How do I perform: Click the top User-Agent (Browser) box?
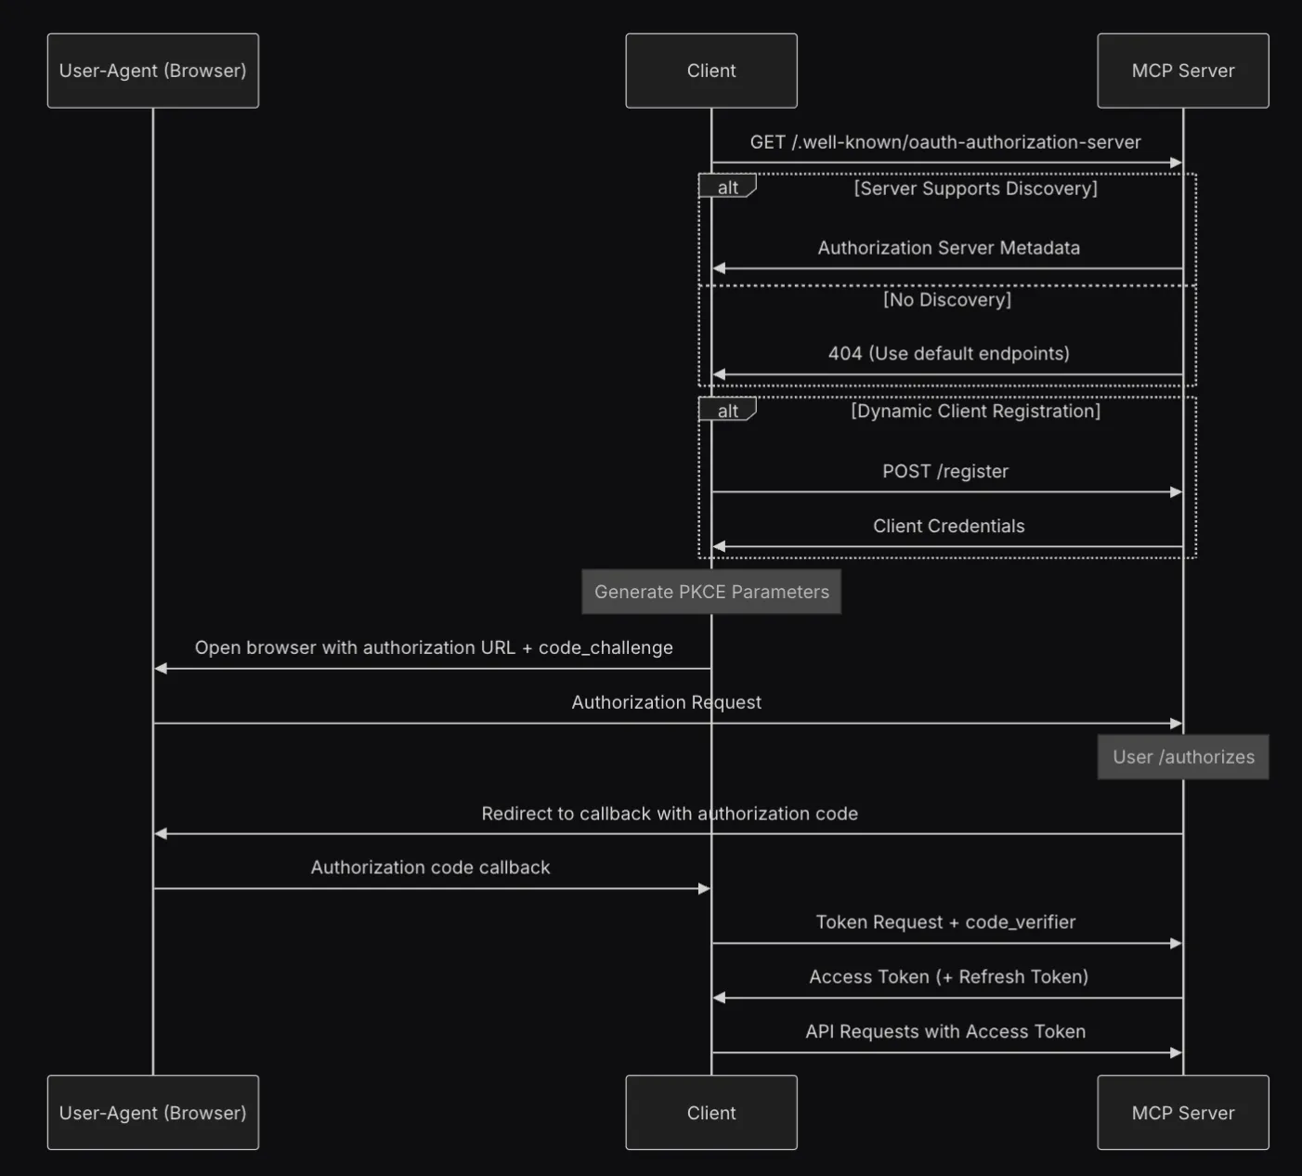click(x=153, y=71)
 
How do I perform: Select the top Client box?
click(x=711, y=71)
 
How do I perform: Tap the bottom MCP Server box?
click(x=1183, y=1113)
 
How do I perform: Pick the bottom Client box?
click(x=711, y=1113)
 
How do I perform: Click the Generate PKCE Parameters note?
click(x=711, y=592)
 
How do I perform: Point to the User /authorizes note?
click(x=1183, y=757)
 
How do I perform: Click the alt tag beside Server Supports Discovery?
click(x=727, y=188)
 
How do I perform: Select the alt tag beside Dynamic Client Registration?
click(x=727, y=411)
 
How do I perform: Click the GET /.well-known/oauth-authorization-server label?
click(x=945, y=142)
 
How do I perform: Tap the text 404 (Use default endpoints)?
click(x=948, y=354)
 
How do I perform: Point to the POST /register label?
click(x=945, y=471)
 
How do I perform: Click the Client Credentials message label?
click(x=948, y=526)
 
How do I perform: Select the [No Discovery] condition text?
click(x=947, y=300)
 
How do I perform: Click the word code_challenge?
click(x=605, y=648)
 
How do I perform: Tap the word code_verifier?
click(x=1020, y=922)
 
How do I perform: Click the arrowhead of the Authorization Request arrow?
click(x=1176, y=724)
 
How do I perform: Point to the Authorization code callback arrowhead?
click(x=704, y=889)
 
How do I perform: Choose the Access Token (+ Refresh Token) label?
click(x=948, y=977)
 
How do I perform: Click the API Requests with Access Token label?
click(x=945, y=1032)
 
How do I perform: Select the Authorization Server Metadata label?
click(x=948, y=248)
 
